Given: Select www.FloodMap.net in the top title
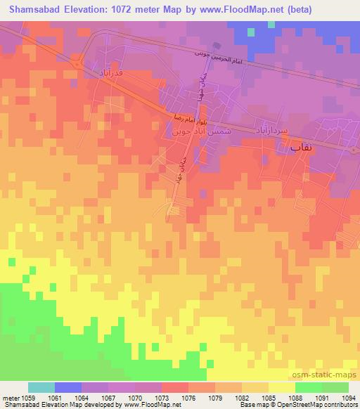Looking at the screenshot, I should [x=226, y=10].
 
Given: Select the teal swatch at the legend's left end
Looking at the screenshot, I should [x=41, y=387].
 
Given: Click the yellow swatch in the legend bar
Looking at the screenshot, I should [x=281, y=387].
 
